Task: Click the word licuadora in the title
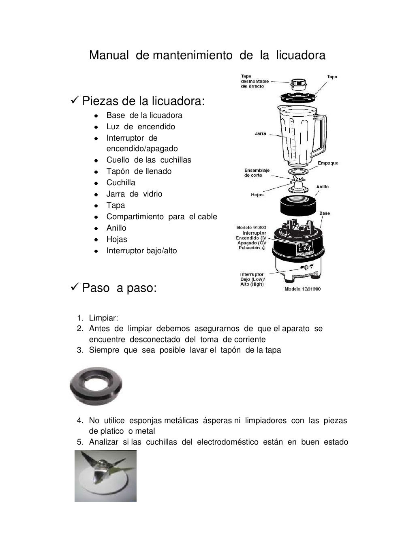tap(301, 56)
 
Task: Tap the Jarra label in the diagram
tap(260, 133)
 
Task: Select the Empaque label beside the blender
tap(328, 163)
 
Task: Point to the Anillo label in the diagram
tap(323, 187)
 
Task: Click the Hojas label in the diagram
tap(257, 195)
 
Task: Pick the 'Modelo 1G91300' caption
tap(302, 289)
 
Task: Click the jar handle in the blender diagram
tap(322, 130)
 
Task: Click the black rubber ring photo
tap(96, 386)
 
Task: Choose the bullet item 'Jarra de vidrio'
tap(134, 194)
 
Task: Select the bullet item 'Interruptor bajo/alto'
tap(141, 250)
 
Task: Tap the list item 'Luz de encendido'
tap(141, 126)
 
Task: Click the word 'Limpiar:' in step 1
tap(103, 318)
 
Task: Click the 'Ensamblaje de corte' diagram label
tap(257, 173)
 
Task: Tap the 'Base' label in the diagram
tap(324, 213)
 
